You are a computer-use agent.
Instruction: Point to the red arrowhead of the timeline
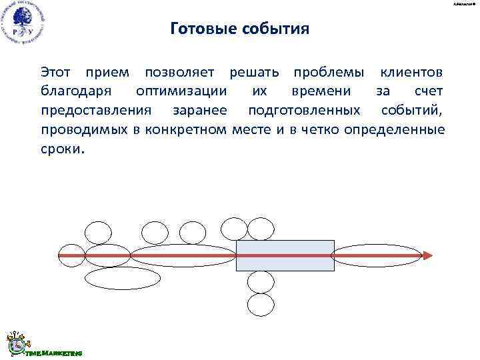point(427,255)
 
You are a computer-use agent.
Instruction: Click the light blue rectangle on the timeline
point(285,255)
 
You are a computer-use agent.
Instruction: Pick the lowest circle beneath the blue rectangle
point(261,305)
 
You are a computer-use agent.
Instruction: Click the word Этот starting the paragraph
point(57,71)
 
